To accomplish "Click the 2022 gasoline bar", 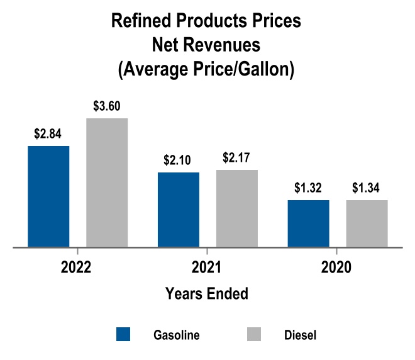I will tap(48, 196).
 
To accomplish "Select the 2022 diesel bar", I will tap(107, 183).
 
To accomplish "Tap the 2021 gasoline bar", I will tap(179, 210).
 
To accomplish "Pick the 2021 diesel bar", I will tap(237, 208).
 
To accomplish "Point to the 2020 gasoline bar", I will tap(308, 223).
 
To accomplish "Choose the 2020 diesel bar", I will tap(367, 223).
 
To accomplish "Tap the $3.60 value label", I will tap(107, 106).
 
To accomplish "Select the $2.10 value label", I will tap(179, 160).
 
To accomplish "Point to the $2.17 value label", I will tap(237, 157).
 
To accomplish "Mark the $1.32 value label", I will tap(308, 188).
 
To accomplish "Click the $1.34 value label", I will tap(367, 188).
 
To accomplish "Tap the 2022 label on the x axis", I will tap(77, 267).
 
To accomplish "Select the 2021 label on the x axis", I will tap(206, 267).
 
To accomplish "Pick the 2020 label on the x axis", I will tap(336, 267).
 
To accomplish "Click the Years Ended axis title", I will tap(206, 293).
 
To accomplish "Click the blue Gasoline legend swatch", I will tap(123, 334).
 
